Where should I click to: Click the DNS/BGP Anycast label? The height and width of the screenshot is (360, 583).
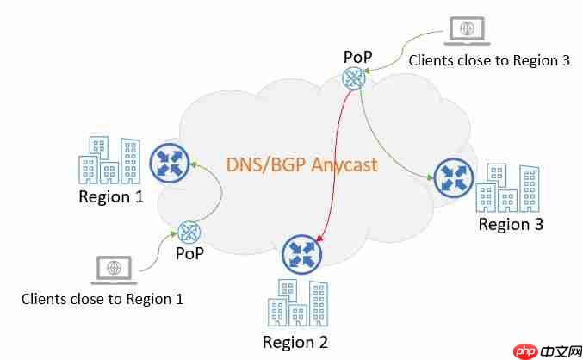coord(301,164)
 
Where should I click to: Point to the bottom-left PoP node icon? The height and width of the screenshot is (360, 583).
coord(189,231)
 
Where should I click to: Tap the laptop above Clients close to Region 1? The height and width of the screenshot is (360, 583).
coord(112,270)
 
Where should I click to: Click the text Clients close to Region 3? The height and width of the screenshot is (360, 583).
coord(489,60)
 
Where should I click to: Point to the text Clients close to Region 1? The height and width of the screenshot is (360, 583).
coord(102,299)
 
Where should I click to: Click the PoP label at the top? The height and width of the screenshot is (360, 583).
coord(357,57)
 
